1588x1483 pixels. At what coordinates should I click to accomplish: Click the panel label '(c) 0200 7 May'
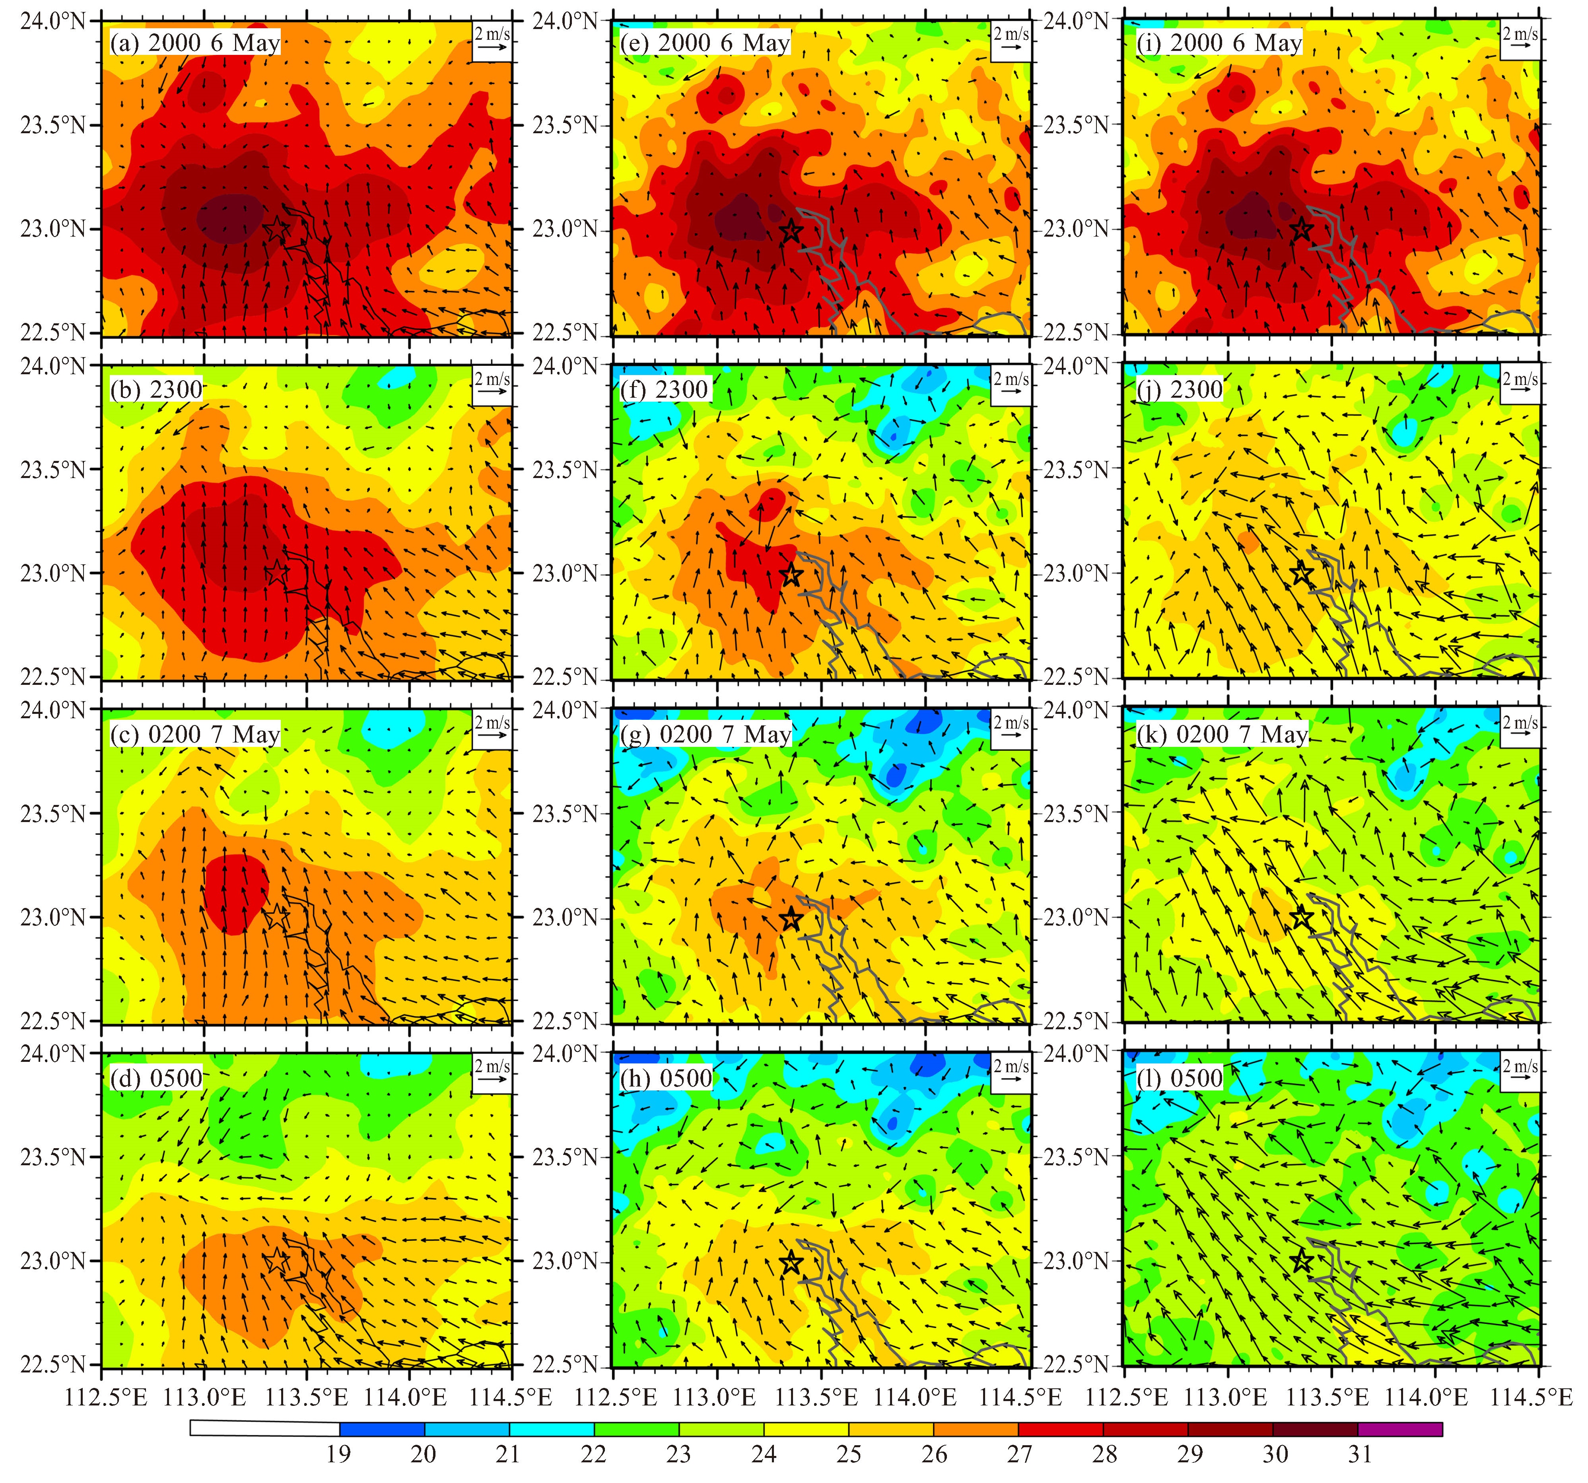[x=195, y=735]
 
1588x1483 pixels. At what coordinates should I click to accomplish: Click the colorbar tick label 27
[x=1019, y=1454]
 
